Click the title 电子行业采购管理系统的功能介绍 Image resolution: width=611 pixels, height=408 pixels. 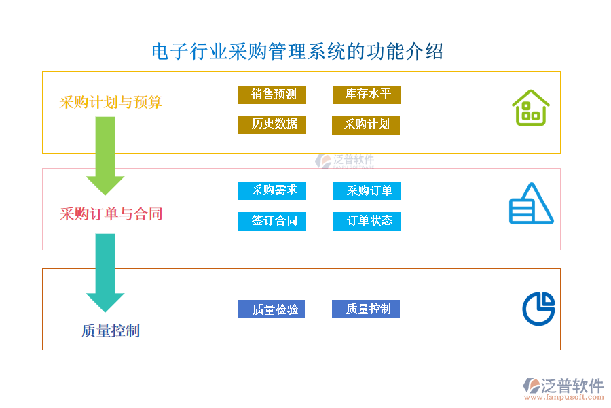point(297,52)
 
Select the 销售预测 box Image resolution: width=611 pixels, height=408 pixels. point(272,95)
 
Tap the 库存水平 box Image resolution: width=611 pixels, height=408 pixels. point(367,95)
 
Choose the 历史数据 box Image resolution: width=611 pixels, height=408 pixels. point(272,124)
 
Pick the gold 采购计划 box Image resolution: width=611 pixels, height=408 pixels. point(366,125)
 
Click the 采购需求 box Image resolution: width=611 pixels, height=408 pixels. point(272,190)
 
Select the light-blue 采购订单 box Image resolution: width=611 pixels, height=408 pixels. point(367,191)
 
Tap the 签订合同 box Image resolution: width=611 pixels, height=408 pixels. point(272,221)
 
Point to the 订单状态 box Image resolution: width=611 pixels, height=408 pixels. point(367,221)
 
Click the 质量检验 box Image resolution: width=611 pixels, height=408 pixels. point(272,309)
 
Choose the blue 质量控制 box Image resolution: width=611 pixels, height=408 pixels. point(366,309)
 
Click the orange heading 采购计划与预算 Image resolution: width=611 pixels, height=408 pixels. point(111,103)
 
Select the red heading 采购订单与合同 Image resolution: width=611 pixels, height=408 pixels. point(111,214)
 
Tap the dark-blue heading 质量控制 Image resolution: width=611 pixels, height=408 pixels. point(111,331)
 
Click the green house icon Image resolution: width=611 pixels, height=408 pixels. point(530,108)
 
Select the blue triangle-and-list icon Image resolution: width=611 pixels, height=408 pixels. point(531,204)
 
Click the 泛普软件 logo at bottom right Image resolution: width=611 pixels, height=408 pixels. point(563,390)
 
